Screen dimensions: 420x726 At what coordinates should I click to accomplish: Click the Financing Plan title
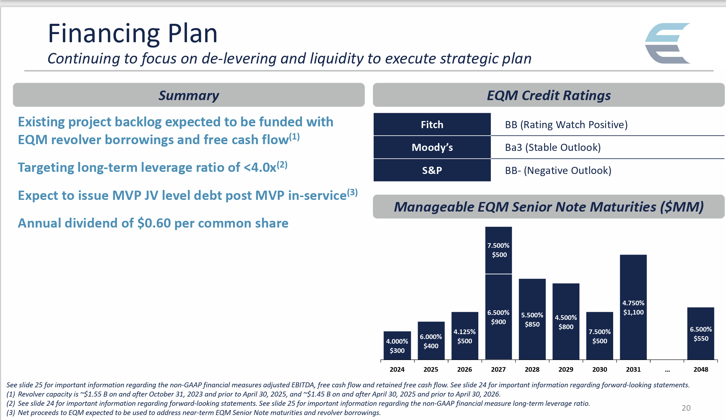click(x=132, y=33)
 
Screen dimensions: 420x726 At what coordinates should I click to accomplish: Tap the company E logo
click(x=667, y=43)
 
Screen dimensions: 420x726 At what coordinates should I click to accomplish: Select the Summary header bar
click(x=188, y=95)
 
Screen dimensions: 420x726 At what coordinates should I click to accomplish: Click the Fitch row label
click(x=432, y=125)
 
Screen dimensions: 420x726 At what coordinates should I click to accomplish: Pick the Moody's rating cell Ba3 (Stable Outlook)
click(x=552, y=147)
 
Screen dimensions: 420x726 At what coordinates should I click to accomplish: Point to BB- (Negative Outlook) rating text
click(x=558, y=170)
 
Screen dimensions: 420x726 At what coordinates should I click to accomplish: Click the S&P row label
click(x=432, y=170)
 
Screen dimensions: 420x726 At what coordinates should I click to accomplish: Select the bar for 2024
click(x=397, y=345)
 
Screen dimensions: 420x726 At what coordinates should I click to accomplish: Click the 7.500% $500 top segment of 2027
click(x=499, y=250)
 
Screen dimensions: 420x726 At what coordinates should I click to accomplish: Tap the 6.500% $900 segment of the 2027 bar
click(x=499, y=317)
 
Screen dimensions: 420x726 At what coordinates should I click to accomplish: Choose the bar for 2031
click(x=633, y=307)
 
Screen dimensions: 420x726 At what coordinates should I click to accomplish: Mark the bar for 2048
click(x=700, y=334)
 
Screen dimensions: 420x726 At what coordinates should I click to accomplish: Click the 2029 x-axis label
click(x=566, y=369)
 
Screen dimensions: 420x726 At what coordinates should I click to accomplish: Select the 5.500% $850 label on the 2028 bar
click(x=532, y=320)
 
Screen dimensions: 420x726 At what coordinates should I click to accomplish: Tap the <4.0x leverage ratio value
click(x=260, y=168)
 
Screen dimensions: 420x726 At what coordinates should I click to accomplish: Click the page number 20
click(x=686, y=408)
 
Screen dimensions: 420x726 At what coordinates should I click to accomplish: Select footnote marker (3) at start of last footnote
click(x=11, y=413)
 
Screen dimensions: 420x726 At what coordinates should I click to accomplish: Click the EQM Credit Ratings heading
click(x=549, y=95)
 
